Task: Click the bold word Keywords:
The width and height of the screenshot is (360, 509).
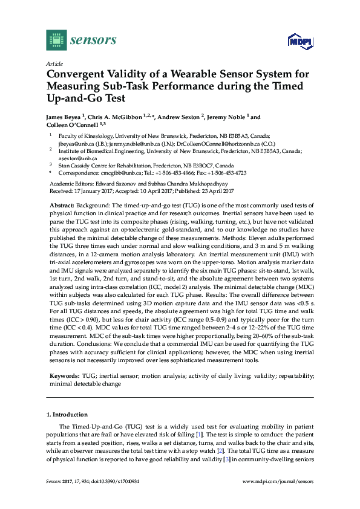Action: [x=64, y=375]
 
